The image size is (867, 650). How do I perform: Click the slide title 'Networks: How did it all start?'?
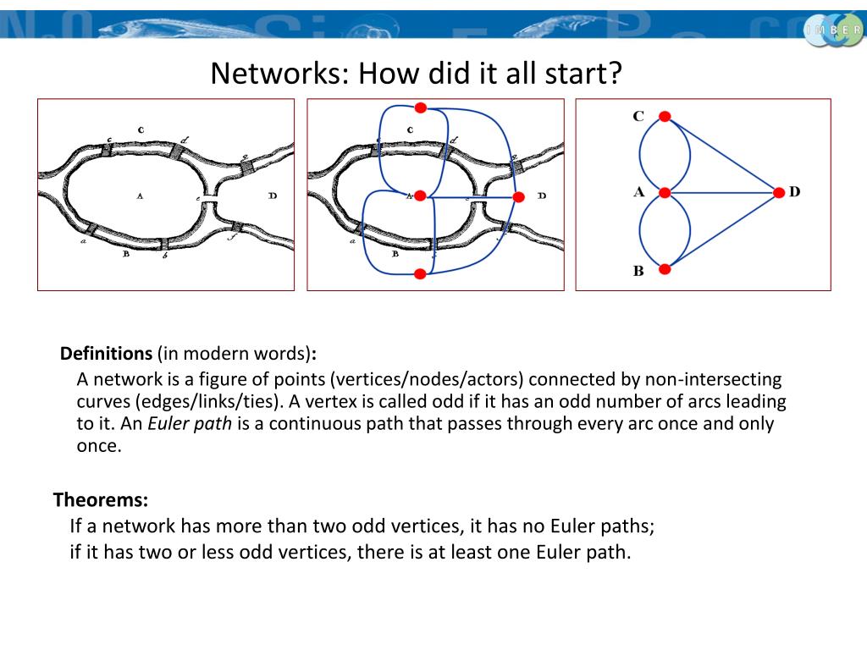[x=417, y=74]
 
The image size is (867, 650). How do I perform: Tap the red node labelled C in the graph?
[x=665, y=117]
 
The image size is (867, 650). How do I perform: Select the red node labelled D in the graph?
[x=780, y=193]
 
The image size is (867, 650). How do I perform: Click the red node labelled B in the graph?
[x=665, y=269]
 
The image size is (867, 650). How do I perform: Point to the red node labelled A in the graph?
[x=665, y=193]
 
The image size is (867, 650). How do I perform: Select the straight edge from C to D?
[x=722, y=155]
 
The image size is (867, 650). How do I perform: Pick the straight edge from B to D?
[x=722, y=231]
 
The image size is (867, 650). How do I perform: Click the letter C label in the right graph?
[x=638, y=116]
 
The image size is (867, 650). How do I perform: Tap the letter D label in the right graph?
[x=795, y=192]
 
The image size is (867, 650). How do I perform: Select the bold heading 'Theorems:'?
[x=101, y=499]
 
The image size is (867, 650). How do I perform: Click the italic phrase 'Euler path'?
[x=190, y=423]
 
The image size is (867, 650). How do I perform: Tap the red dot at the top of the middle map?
[x=420, y=107]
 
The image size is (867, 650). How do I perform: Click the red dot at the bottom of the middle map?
[x=420, y=273]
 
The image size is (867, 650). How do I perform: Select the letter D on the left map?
[x=272, y=196]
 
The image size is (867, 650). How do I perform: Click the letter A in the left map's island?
[x=140, y=196]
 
